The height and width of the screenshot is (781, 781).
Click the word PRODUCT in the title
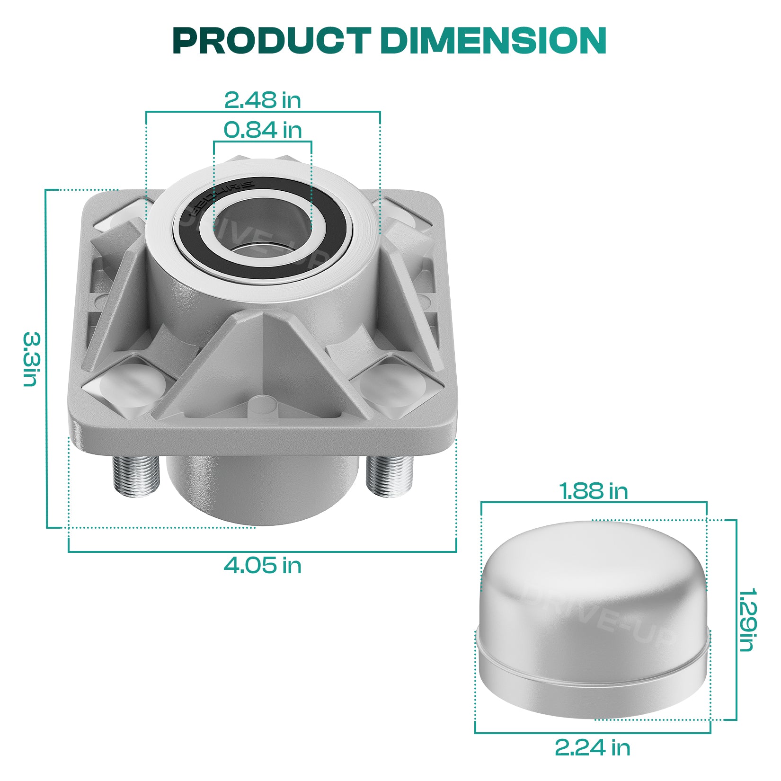coord(271,41)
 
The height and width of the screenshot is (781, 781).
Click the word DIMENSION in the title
coord(493,41)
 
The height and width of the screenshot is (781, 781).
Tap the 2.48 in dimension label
coord(263,100)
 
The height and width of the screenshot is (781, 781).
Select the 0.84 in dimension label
coord(263,130)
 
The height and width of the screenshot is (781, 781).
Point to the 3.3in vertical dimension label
coord(32,359)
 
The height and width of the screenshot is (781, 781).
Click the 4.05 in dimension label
coord(263,565)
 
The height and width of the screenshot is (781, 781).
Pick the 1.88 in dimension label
coord(594,491)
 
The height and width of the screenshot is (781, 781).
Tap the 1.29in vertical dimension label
coord(747,620)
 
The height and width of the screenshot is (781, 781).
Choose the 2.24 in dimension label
coord(593,748)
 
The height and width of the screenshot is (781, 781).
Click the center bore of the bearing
coord(263,227)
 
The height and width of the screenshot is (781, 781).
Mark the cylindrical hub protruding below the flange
coord(263,488)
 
